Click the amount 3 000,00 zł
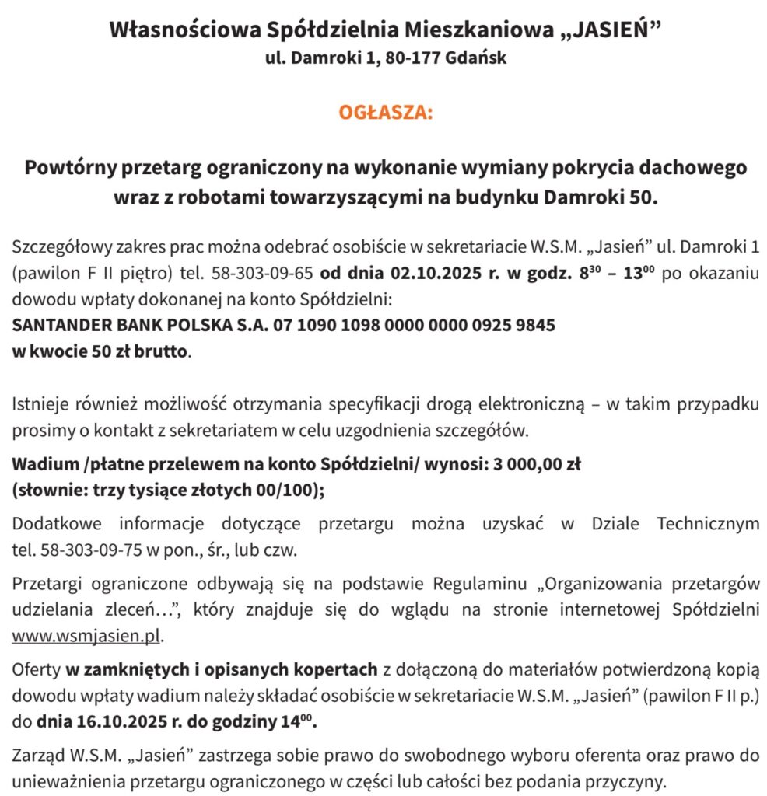[x=537, y=465]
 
